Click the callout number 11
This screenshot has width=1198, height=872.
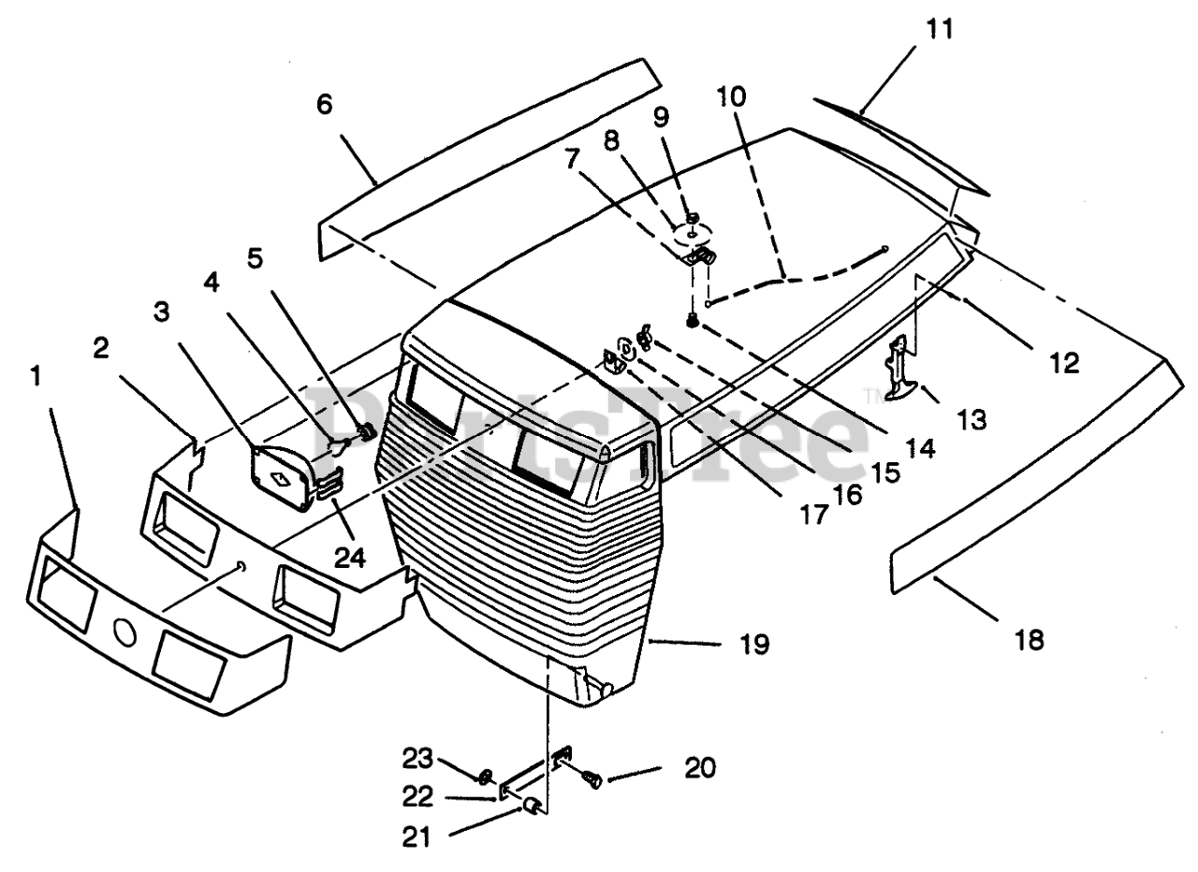pyautogui.click(x=939, y=29)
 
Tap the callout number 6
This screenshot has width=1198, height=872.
pyautogui.click(x=325, y=104)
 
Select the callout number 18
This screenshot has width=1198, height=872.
pyautogui.click(x=1029, y=639)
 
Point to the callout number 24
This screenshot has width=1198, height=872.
pyautogui.click(x=350, y=559)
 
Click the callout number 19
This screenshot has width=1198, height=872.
pyautogui.click(x=754, y=644)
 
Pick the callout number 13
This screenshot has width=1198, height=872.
pyautogui.click(x=972, y=420)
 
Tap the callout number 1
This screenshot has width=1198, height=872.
pyautogui.click(x=36, y=376)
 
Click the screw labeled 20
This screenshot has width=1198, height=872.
pyautogui.click(x=592, y=778)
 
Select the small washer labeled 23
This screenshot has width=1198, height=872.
pyautogui.click(x=486, y=776)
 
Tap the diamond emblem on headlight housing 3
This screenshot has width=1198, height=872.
pyautogui.click(x=279, y=478)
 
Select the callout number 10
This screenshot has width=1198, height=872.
pyautogui.click(x=732, y=96)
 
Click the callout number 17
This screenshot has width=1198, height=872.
pyautogui.click(x=814, y=515)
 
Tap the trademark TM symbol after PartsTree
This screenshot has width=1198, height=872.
pyautogui.click(x=869, y=397)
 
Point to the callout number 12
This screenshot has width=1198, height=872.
pyautogui.click(x=1064, y=363)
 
